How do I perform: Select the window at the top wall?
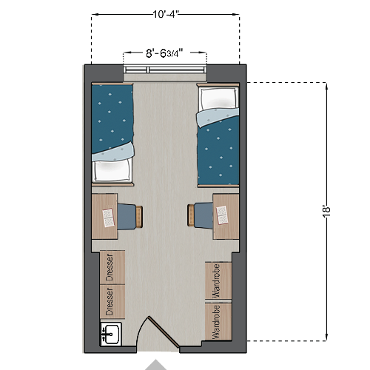164,70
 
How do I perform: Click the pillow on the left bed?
113,171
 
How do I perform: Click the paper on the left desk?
108,217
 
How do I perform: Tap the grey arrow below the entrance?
156,365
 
